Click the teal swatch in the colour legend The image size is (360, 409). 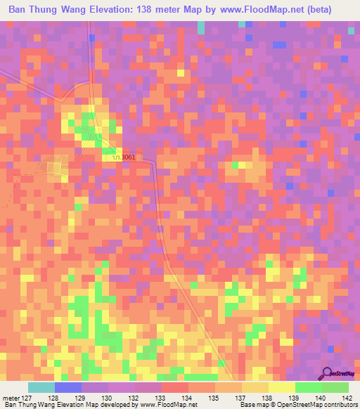point(41,387)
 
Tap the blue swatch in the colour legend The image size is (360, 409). point(68,387)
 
